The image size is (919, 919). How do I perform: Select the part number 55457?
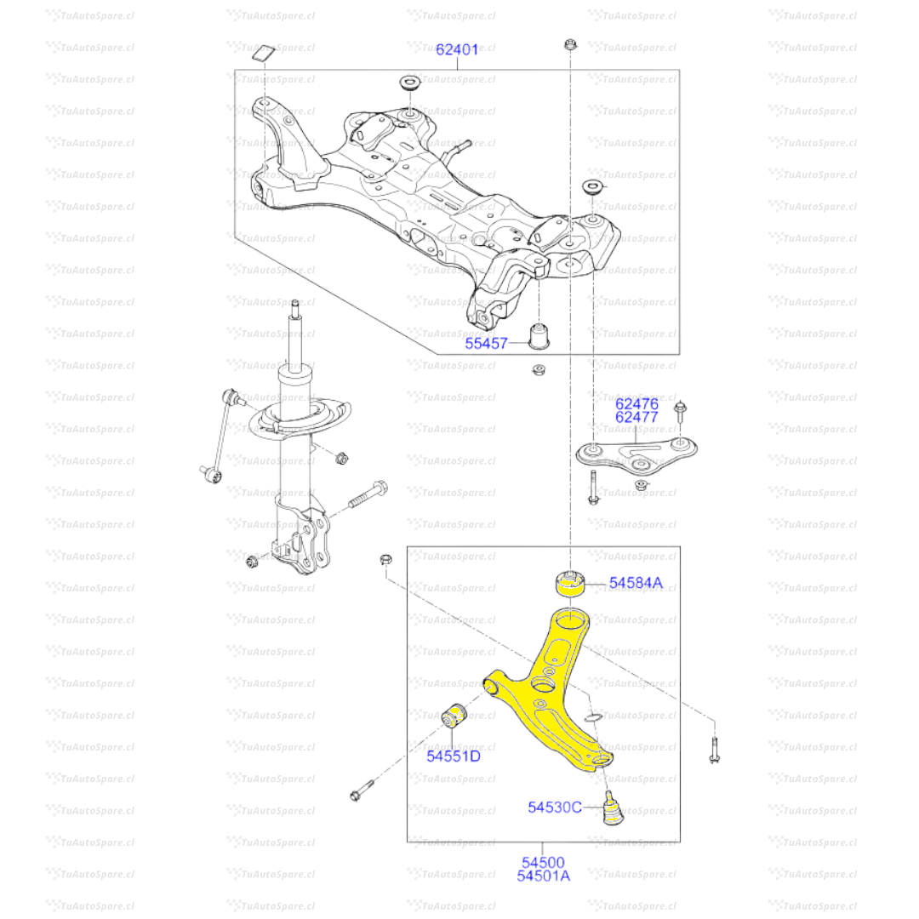486,344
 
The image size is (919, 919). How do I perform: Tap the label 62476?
637,403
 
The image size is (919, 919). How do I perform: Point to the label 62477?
637,417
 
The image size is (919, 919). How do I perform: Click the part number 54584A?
635,583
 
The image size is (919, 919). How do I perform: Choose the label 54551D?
454,755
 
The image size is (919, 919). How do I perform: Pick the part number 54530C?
555,807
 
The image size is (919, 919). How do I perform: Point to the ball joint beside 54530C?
612,808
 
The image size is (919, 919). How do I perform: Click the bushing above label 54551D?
458,715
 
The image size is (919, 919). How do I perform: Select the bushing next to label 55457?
539,335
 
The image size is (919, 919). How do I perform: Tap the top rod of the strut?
295,332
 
